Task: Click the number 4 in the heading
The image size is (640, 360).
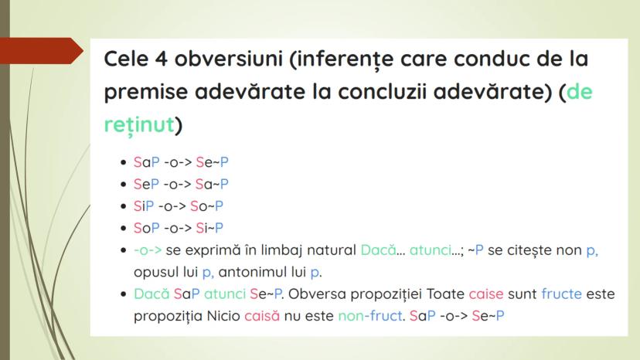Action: coord(162,59)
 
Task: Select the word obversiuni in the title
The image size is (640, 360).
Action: coord(229,59)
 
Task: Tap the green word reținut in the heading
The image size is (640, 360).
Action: coord(139,124)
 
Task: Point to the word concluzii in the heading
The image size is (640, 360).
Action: coord(383,91)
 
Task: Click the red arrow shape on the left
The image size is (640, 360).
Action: coord(41,51)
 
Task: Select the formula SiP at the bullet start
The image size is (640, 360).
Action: coord(144,206)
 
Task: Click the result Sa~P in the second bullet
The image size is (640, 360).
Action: coord(212,184)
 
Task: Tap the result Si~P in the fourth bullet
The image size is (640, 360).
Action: coord(209,228)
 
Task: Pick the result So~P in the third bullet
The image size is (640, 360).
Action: coord(206,206)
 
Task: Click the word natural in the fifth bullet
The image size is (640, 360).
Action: coord(332,250)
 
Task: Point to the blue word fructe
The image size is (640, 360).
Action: coord(561,294)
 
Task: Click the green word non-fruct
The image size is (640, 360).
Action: coord(370,316)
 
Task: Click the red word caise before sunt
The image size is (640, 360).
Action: coord(486,294)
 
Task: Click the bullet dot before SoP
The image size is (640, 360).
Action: coord(123,228)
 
